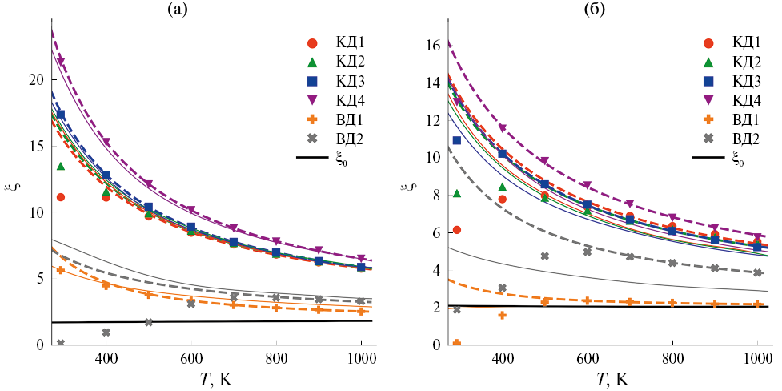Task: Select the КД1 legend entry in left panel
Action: (x=330, y=42)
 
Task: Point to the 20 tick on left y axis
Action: (x=31, y=80)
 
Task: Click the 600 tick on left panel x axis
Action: (x=191, y=361)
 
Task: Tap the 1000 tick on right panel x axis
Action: (x=756, y=361)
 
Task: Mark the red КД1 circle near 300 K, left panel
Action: (x=60, y=197)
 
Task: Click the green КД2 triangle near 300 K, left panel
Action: (x=60, y=166)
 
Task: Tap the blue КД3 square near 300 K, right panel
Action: (x=457, y=140)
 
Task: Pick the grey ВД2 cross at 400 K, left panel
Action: (x=106, y=332)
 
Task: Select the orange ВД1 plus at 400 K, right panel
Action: (x=502, y=315)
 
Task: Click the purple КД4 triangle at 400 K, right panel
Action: (x=502, y=128)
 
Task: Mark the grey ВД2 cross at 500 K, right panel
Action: (x=545, y=256)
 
